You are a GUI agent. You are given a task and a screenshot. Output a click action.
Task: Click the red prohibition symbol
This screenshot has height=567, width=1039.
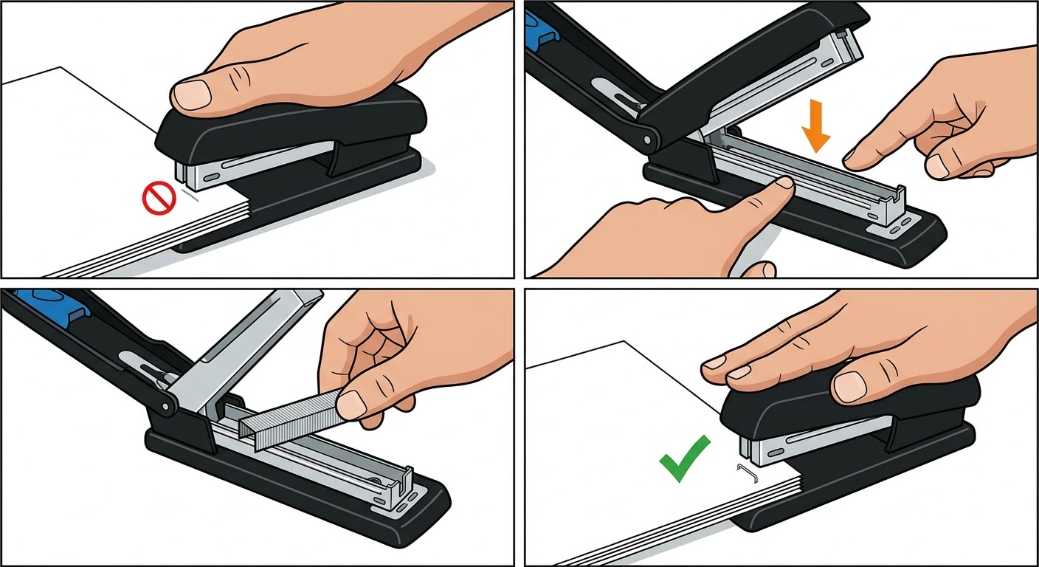click(158, 199)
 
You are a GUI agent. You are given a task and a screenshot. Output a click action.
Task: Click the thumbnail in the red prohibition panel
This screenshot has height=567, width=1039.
click(192, 94)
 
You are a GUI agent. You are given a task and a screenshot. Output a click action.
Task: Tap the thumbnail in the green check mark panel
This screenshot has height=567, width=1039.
click(849, 385)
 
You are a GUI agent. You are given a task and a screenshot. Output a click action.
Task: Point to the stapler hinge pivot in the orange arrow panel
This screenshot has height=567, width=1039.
click(649, 138)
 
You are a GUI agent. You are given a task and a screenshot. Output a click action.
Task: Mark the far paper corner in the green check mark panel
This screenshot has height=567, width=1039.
click(626, 342)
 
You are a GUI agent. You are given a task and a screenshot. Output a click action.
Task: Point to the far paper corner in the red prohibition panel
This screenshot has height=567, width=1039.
click(61, 68)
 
